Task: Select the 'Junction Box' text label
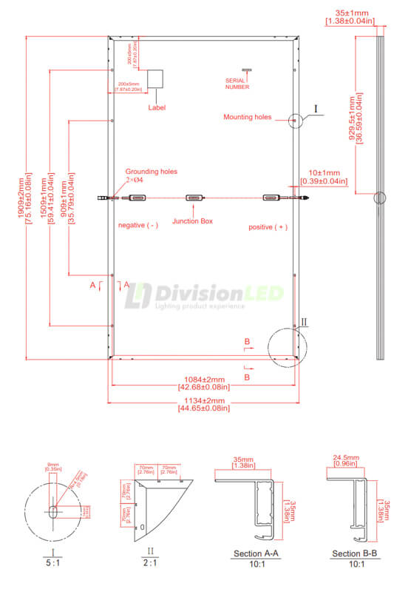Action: coord(193,221)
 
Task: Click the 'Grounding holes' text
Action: coord(148,169)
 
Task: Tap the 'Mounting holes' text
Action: coord(248,117)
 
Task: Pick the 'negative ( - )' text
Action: coord(138,225)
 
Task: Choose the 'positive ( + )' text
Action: coord(268,227)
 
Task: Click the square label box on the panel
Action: coord(155,80)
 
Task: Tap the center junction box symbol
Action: coord(194,198)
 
